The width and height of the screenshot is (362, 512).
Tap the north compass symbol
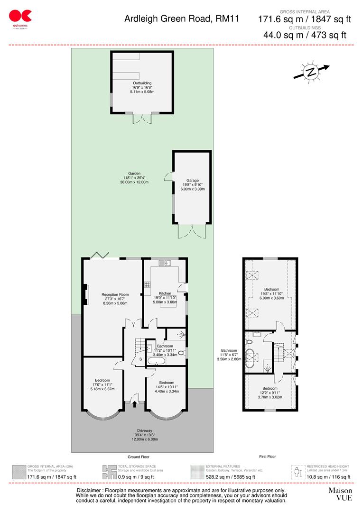(x=311, y=72)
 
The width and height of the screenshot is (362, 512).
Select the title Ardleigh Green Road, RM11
(x=182, y=19)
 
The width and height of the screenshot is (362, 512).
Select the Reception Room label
(x=115, y=299)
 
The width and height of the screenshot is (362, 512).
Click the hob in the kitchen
(x=148, y=285)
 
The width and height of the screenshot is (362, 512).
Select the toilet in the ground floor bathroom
(x=181, y=353)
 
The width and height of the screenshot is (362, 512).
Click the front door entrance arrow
(x=134, y=404)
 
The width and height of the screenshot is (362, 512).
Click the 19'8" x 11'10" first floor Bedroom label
(x=271, y=293)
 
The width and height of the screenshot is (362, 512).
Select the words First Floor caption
(x=267, y=457)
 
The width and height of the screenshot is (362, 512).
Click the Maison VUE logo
(x=340, y=494)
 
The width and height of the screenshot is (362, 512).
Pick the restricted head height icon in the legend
(x=297, y=472)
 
